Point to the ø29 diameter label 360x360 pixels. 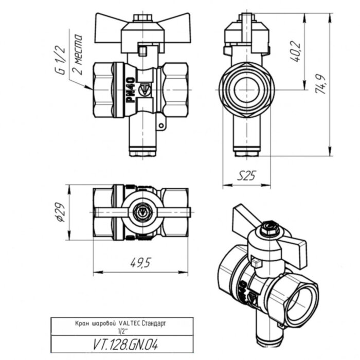pos(59,212)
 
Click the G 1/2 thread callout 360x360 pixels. pos(60,61)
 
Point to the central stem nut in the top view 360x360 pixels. pos(141,211)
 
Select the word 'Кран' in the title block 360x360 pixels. pos(82,323)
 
